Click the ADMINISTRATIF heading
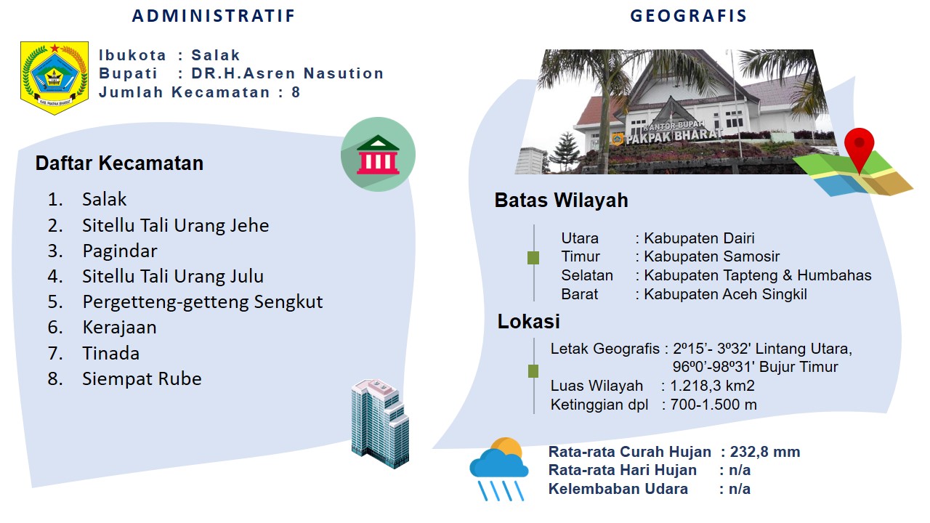click(214, 16)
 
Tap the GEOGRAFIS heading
click(688, 16)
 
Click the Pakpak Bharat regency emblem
click(54, 78)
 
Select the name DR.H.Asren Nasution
click(287, 73)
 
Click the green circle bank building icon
click(378, 155)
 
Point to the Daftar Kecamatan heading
click(119, 163)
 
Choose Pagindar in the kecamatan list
click(120, 251)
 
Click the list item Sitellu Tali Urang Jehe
click(176, 225)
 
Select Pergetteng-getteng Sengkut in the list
click(203, 301)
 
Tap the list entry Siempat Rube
click(142, 378)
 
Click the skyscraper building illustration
click(380, 423)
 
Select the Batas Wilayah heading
click(562, 200)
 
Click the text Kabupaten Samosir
click(711, 256)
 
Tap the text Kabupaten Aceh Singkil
click(725, 294)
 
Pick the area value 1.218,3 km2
click(713, 386)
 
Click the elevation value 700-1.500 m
click(713, 405)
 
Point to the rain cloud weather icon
click(499, 469)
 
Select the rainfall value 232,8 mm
click(765, 452)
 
